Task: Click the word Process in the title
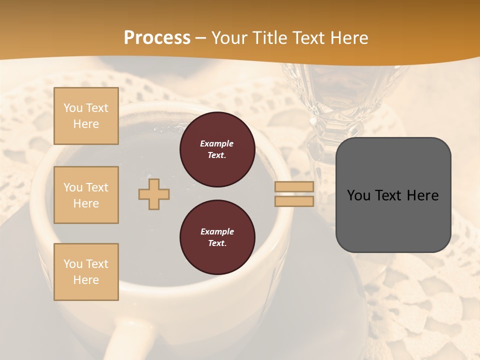pos(157,37)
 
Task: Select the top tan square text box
pos(86,116)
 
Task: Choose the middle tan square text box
pos(86,195)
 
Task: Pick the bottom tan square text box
pos(86,272)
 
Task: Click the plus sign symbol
pos(154,194)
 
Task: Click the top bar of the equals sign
pos(294,187)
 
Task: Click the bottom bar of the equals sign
pos(294,201)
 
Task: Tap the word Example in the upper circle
pos(217,143)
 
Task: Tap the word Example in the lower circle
pos(217,231)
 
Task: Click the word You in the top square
pos(73,108)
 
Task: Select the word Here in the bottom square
pos(86,280)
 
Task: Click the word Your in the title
pos(229,37)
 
